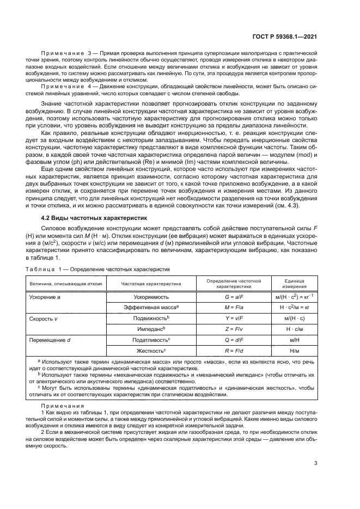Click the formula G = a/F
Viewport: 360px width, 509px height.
coord(238,297)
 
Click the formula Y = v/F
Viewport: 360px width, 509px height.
coord(238,318)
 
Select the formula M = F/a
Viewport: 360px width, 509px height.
coord(238,308)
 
